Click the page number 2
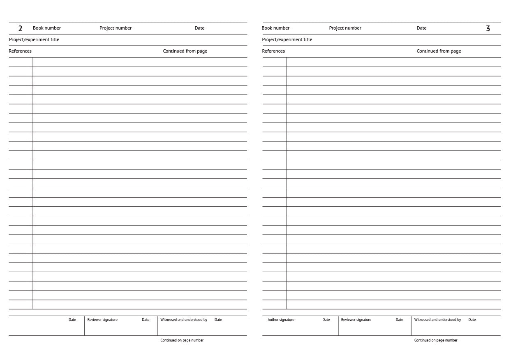tap(20, 28)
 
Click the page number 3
tap(488, 28)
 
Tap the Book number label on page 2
tap(47, 28)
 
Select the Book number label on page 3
tap(275, 28)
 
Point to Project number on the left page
tap(116, 28)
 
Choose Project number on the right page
tap(345, 28)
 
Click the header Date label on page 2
tap(199, 28)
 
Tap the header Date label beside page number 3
tap(421, 28)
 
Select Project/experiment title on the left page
tap(34, 39)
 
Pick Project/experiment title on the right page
tap(287, 39)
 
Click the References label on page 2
tap(20, 51)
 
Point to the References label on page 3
tap(273, 51)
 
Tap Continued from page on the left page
tap(185, 51)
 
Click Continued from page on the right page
tap(439, 51)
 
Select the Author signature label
tap(281, 320)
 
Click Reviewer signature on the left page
tap(102, 320)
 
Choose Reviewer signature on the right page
tap(356, 320)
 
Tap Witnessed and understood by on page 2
tap(184, 320)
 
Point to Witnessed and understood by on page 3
tap(437, 320)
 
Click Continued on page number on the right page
tap(436, 340)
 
